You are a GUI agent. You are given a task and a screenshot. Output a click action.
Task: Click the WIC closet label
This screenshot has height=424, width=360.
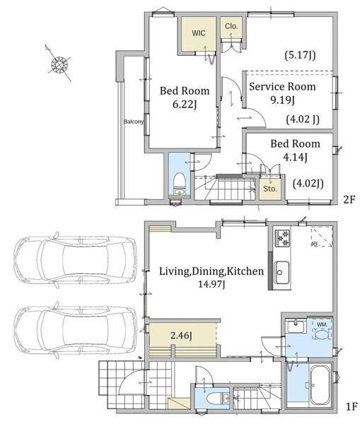[x=199, y=33]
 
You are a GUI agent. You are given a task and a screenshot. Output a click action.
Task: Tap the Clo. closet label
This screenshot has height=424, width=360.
[x=231, y=26]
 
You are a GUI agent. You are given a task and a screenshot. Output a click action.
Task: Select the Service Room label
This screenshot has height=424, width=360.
[x=282, y=86]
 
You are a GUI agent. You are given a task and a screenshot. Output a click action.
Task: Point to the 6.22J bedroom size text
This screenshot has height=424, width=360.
[x=185, y=104]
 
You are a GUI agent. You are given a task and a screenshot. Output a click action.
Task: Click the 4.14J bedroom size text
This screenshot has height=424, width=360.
[x=295, y=157]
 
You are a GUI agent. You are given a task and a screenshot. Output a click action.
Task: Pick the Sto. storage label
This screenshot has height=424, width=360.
[x=270, y=189]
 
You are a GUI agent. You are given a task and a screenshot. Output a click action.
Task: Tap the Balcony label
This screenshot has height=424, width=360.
[x=134, y=122]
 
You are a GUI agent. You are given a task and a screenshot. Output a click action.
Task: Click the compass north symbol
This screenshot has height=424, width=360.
[x=60, y=64]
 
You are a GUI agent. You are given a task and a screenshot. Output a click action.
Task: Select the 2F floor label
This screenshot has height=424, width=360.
[x=349, y=199]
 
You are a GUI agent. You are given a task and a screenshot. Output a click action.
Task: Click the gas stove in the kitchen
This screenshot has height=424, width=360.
[x=282, y=238]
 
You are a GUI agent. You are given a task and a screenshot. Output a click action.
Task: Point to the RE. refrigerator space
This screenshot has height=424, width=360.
[x=322, y=237]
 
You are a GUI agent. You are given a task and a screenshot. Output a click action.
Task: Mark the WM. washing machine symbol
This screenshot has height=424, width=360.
[x=322, y=331]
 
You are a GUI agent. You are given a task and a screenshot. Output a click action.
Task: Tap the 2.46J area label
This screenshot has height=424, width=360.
[x=181, y=336]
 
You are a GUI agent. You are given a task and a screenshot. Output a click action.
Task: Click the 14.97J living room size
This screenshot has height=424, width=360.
[x=211, y=284]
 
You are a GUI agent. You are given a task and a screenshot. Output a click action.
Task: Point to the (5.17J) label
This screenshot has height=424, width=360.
[x=300, y=55]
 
